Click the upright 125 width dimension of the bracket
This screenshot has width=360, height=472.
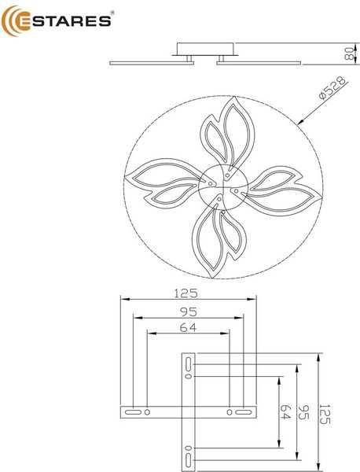pyautogui.click(x=186, y=294)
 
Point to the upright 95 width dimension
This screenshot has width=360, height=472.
pyautogui.click(x=186, y=312)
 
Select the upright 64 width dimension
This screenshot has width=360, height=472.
pyautogui.click(x=187, y=328)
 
